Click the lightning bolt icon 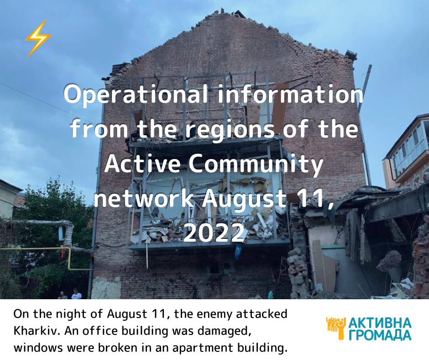click(38, 38)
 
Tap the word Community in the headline click(256, 164)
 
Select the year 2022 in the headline click(214, 233)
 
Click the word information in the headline click(291, 94)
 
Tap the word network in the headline click(144, 198)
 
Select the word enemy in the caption click(215, 314)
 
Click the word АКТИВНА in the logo click(380, 323)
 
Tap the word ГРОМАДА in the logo click(380, 335)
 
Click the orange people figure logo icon click(336, 328)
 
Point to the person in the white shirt click(76, 294)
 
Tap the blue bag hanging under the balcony click(238, 252)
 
